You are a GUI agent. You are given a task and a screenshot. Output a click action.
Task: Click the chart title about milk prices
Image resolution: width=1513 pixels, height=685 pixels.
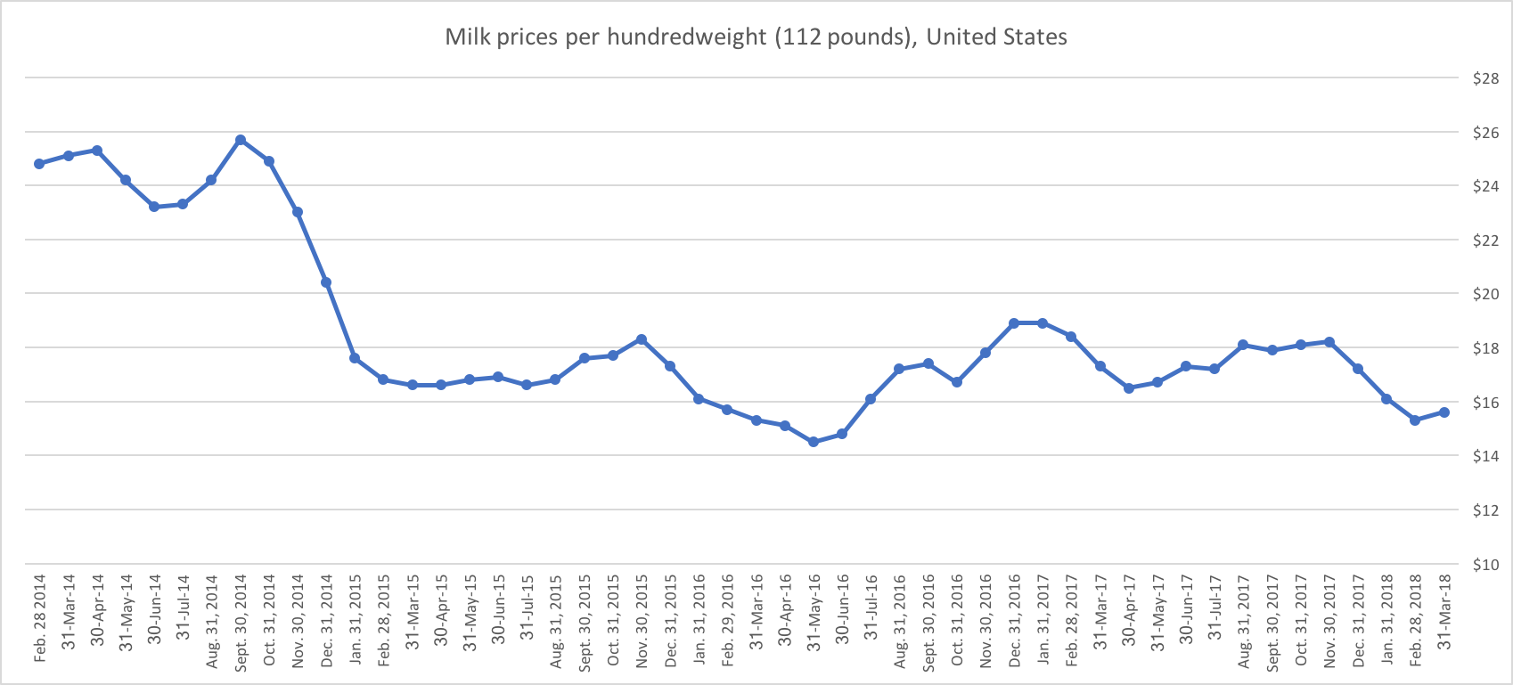756,37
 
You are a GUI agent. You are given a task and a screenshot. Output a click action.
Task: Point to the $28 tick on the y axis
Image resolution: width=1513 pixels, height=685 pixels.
1485,78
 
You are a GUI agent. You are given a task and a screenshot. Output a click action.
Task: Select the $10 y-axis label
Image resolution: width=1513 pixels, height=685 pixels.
1485,565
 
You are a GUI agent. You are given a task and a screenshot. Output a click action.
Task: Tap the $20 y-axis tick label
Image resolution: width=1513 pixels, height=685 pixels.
1485,295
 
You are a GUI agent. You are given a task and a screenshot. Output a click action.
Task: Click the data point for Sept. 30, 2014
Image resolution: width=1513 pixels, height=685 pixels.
241,140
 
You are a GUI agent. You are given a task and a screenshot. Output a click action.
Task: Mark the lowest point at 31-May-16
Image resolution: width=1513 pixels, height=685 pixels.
813,442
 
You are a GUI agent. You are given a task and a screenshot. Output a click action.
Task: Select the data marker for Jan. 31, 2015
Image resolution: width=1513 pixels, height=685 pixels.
355,358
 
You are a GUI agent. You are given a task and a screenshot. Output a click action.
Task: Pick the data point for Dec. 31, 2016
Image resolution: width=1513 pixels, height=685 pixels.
1014,323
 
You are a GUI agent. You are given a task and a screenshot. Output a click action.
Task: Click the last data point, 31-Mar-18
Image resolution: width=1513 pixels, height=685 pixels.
1444,412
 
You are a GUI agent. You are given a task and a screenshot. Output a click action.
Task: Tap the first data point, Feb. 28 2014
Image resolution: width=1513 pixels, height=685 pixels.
39,164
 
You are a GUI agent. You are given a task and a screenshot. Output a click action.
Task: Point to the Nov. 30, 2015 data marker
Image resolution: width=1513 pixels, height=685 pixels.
642,339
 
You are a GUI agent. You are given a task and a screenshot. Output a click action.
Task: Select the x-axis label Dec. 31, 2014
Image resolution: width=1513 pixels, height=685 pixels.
327,620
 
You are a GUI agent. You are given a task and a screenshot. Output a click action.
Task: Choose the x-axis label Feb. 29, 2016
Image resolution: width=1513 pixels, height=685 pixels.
728,620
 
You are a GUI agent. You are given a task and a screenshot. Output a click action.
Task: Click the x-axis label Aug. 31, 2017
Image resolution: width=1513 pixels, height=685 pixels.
1244,620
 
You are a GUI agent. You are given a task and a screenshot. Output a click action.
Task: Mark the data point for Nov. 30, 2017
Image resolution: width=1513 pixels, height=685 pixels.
1329,342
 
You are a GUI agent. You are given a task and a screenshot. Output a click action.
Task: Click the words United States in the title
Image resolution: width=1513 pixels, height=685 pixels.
996,37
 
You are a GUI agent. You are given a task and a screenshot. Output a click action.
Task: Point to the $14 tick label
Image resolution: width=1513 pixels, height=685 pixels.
1485,457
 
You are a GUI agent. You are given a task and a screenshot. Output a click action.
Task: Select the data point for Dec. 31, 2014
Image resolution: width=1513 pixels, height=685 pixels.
326,282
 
